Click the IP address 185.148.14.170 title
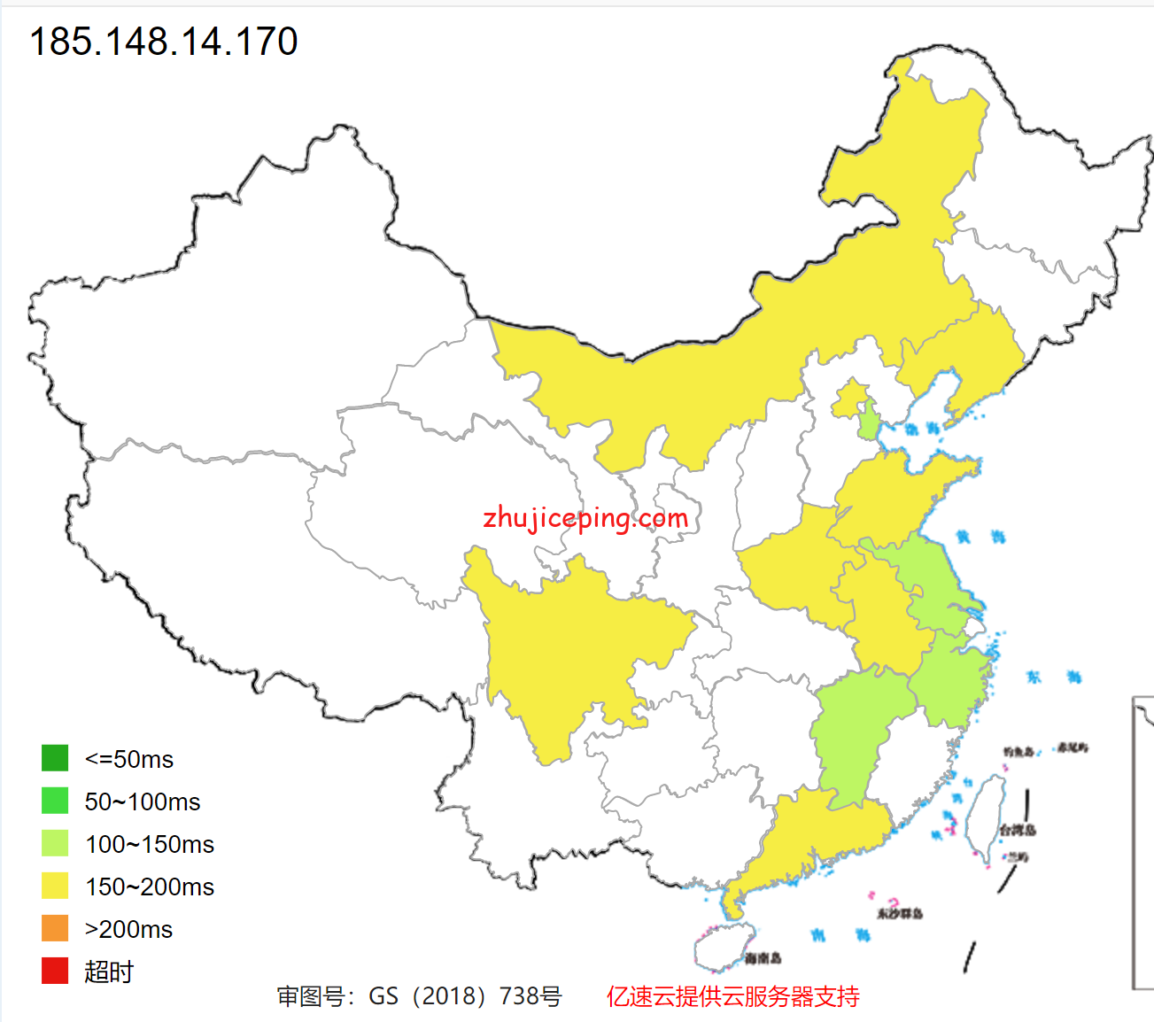click(164, 42)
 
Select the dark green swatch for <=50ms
click(55, 758)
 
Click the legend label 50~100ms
click(143, 801)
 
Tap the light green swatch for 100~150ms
click(55, 843)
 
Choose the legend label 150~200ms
click(150, 887)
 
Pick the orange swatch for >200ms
click(55, 928)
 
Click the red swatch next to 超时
click(55, 971)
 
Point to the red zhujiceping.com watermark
click(585, 518)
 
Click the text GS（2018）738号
click(465, 996)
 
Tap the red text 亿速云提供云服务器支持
click(732, 996)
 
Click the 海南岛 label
click(763, 958)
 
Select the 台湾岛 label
click(1017, 830)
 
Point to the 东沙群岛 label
click(900, 913)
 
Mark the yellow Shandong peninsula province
click(895, 496)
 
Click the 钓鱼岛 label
click(1018, 752)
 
